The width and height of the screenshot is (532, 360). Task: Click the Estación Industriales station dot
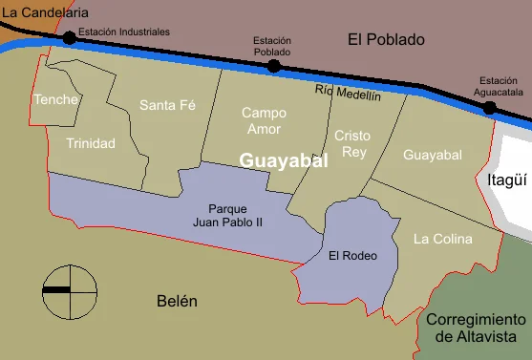(x=69, y=38)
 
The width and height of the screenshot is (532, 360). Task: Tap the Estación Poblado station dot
(x=274, y=66)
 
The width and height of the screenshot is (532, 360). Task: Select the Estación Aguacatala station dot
(x=489, y=108)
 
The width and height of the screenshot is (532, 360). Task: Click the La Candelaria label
(x=44, y=12)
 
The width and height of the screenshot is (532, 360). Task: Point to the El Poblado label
(x=386, y=39)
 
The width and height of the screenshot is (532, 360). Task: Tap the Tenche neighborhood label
(x=55, y=99)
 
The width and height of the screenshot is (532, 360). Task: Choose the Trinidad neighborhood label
(x=91, y=143)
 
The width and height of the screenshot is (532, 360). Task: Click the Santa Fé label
(x=167, y=105)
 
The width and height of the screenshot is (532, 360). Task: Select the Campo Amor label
(x=264, y=120)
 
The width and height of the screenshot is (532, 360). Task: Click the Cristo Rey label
(x=351, y=144)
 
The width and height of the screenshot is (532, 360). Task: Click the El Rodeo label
(x=352, y=255)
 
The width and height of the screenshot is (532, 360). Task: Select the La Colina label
(x=442, y=239)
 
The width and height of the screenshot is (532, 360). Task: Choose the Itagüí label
(x=506, y=179)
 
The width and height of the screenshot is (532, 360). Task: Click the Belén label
(x=177, y=302)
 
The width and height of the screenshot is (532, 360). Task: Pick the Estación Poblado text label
(x=272, y=46)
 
